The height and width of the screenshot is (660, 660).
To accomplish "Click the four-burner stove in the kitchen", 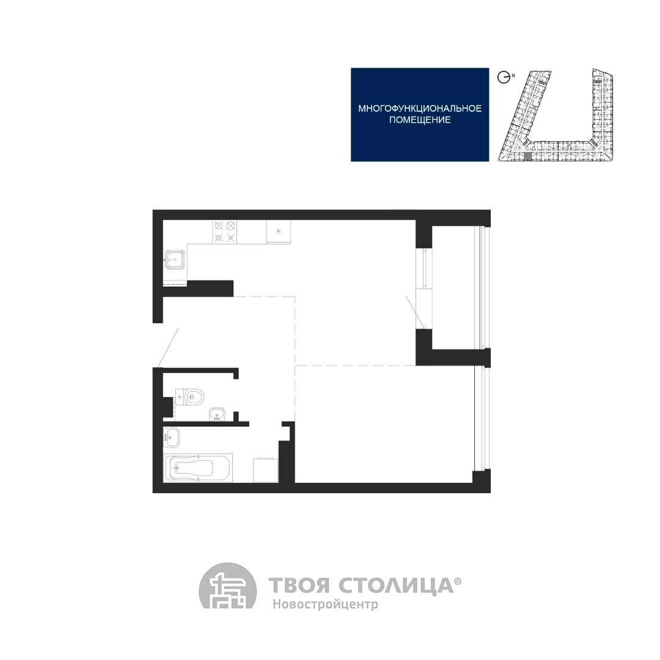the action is [x=225, y=232].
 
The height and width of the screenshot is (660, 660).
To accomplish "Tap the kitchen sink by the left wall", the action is [x=174, y=259].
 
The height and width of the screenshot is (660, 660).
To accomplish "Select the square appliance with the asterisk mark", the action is [x=278, y=232].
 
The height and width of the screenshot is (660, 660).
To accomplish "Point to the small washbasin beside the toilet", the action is [x=217, y=414].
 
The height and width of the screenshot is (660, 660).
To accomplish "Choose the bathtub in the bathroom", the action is [x=198, y=468].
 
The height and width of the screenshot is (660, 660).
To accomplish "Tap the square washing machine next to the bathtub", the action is [x=266, y=470].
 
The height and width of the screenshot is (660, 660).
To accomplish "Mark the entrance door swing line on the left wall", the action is [x=169, y=347].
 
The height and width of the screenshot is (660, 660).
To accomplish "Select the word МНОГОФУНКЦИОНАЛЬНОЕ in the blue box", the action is [x=420, y=109].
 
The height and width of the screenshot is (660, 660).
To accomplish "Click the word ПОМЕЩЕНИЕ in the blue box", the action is [x=420, y=120].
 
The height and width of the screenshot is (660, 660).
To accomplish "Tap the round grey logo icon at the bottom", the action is [x=227, y=585].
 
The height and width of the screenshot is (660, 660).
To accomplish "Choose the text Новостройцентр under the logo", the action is [x=325, y=604].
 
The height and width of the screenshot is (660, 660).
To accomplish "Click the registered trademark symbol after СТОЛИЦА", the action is [x=458, y=581].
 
